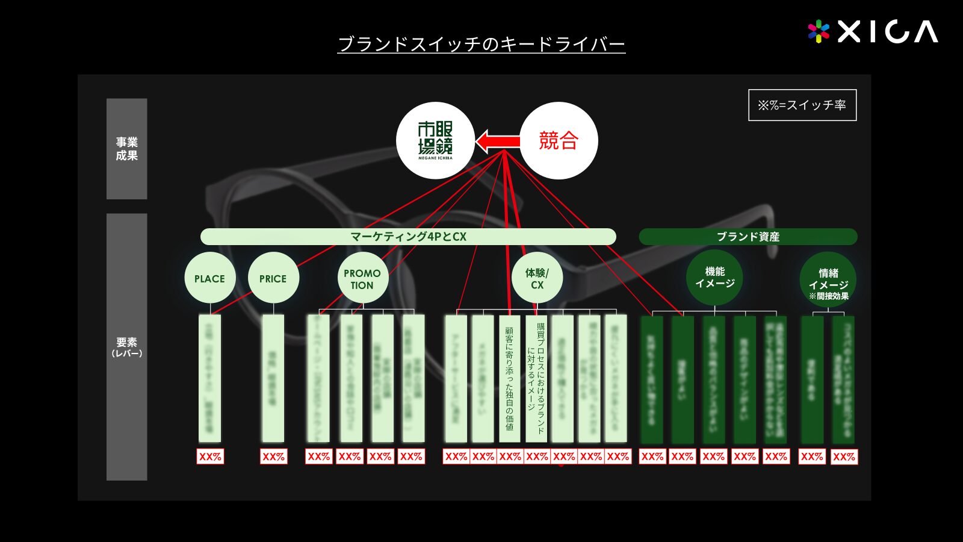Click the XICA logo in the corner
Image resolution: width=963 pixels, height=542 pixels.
[873, 31]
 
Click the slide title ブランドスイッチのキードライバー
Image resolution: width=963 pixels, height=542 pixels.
[481, 44]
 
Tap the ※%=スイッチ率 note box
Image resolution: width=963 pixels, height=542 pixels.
[802, 105]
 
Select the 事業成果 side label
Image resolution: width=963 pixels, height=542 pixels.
[126, 149]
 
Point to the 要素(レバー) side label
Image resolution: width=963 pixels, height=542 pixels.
[126, 347]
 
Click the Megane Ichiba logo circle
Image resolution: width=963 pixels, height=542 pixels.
[435, 141]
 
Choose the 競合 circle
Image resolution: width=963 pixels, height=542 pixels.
[559, 141]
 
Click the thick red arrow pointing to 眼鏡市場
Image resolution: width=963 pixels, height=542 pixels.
[498, 142]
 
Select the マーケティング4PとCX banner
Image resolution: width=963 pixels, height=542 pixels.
[408, 237]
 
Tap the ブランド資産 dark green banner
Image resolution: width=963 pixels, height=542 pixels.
[748, 237]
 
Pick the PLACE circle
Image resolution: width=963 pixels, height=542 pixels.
[209, 278]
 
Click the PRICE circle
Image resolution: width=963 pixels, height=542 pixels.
[273, 278]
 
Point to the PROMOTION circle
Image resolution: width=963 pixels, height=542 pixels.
[362, 278]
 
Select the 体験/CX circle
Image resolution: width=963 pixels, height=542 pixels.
[537, 278]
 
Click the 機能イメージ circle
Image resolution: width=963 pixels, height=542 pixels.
[714, 278]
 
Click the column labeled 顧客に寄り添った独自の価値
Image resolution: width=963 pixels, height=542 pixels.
[509, 378]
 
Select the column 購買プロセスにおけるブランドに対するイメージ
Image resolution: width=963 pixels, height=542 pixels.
[536, 378]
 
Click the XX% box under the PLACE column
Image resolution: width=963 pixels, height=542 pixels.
[210, 456]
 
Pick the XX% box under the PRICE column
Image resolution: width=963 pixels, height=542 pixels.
[273, 456]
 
